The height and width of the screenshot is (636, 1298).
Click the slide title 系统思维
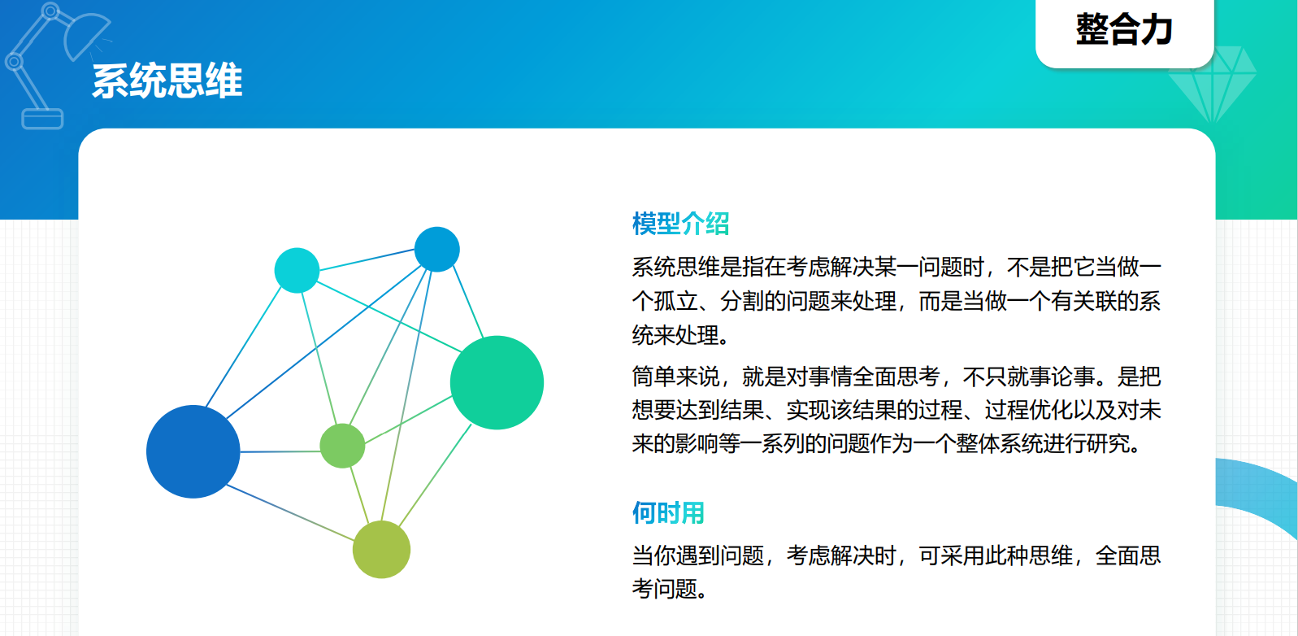(x=167, y=81)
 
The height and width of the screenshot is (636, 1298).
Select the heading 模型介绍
(x=680, y=224)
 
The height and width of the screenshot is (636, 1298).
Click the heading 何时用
(x=668, y=512)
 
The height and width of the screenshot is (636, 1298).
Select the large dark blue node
(x=193, y=451)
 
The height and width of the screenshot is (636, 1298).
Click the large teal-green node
(x=497, y=382)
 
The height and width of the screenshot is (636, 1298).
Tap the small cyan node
(x=297, y=270)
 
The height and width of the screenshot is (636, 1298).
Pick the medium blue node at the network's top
(x=437, y=250)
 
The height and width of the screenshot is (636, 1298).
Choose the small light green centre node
(x=342, y=446)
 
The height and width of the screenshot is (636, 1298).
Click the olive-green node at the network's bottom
(x=381, y=549)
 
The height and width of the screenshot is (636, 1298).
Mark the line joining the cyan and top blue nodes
(x=367, y=259)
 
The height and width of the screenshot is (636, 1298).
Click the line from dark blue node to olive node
(x=290, y=512)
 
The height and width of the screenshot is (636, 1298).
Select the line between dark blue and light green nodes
(x=280, y=451)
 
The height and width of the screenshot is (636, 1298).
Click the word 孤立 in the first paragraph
(x=675, y=301)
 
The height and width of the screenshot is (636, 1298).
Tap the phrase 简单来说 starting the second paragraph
(x=675, y=377)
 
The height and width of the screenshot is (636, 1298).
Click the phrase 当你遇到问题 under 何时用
(x=697, y=555)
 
